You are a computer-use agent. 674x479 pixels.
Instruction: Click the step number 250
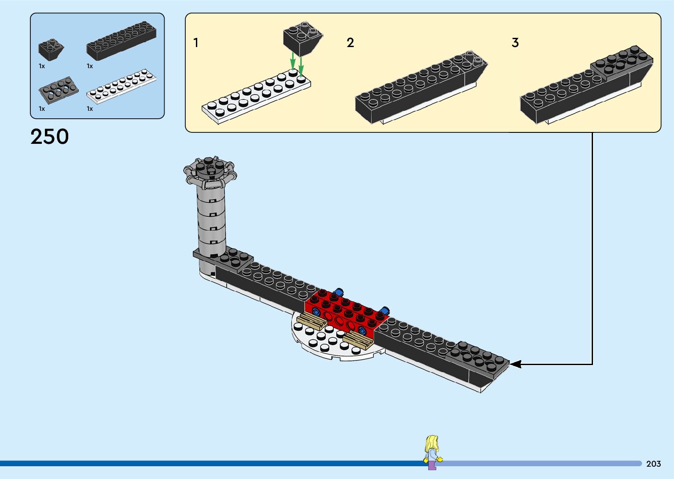click(x=50, y=137)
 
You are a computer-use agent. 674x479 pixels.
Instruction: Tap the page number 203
click(x=653, y=464)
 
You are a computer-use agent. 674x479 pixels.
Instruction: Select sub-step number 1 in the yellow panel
click(x=196, y=43)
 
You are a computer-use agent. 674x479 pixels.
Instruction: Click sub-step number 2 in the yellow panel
click(x=350, y=43)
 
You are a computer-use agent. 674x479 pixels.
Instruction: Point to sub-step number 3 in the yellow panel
click(x=515, y=43)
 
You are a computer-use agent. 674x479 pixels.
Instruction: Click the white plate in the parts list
click(x=122, y=86)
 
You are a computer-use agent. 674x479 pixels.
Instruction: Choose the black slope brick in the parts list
click(x=50, y=49)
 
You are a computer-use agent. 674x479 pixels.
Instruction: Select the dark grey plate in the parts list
click(x=59, y=89)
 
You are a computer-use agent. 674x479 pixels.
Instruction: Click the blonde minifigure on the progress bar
click(x=432, y=451)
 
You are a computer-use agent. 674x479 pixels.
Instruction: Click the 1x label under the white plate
click(x=90, y=109)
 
